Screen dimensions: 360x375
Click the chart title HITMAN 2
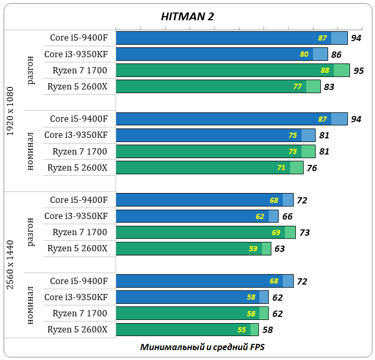pyautogui.click(x=187, y=17)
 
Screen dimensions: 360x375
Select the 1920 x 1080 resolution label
pyautogui.click(x=10, y=111)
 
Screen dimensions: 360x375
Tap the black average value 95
pyautogui.click(x=358, y=71)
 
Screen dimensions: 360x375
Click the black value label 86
pyautogui.click(x=336, y=55)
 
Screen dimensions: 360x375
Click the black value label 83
pyautogui.click(x=329, y=87)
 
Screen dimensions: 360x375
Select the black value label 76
pyautogui.click(x=312, y=168)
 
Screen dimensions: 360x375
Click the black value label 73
pyautogui.click(x=305, y=233)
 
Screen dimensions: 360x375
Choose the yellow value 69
pyautogui.click(x=276, y=233)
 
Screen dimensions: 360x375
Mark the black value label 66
pyautogui.click(x=287, y=216)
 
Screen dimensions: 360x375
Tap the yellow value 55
pyautogui.click(x=242, y=330)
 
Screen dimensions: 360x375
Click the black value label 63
pyautogui.click(x=280, y=249)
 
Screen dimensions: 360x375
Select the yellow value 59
pyautogui.click(x=253, y=249)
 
